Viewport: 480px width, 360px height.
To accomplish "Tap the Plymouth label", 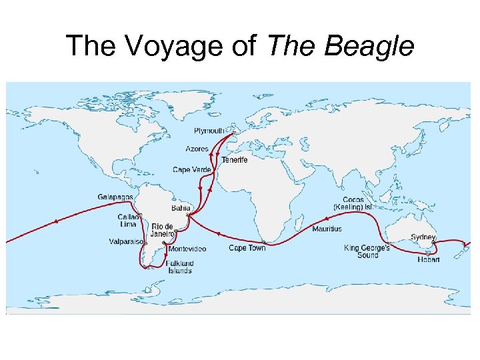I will click(x=209, y=131).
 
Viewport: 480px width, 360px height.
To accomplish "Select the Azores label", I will click(x=197, y=149).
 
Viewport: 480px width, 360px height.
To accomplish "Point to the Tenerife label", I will click(x=235, y=160).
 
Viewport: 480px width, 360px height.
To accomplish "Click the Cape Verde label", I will click(x=191, y=170).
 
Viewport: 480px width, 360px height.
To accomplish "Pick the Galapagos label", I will click(x=115, y=197).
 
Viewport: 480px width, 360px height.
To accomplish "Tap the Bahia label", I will click(x=181, y=208).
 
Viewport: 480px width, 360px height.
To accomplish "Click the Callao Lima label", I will click(x=129, y=221).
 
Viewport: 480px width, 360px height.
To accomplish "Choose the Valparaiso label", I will click(x=126, y=242).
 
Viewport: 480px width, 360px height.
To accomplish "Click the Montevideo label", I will click(x=187, y=249).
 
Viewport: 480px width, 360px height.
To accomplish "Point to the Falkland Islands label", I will click(x=180, y=267).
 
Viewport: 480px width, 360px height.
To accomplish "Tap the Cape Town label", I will click(x=247, y=248).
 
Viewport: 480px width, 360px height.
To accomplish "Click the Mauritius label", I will click(x=327, y=229).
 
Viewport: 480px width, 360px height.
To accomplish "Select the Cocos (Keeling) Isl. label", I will click(x=353, y=203).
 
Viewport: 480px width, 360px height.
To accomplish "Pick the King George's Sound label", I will click(x=367, y=251).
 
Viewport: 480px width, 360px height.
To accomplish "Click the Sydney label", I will click(x=423, y=237).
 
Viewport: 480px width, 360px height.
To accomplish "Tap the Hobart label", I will click(x=429, y=259).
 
